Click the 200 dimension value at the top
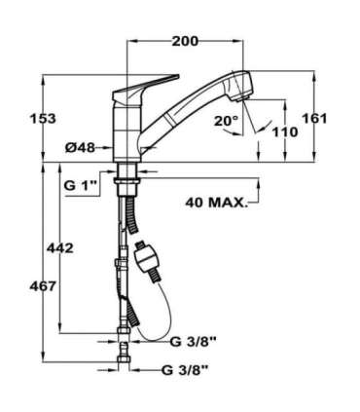pyautogui.click(x=185, y=41)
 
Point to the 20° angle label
pyautogui.click(x=226, y=121)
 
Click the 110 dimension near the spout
pyautogui.click(x=284, y=131)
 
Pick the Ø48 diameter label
pyautogui.click(x=81, y=149)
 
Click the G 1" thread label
pyautogui.click(x=81, y=185)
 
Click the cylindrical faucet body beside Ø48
pyautogui.click(x=124, y=136)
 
